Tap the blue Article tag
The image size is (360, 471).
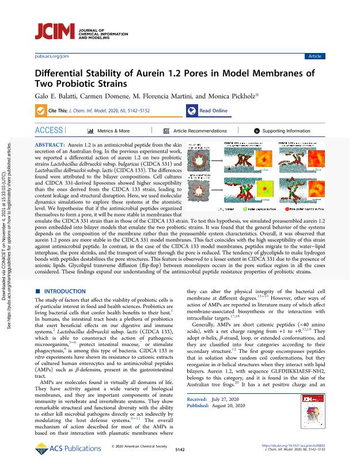tap(315, 56)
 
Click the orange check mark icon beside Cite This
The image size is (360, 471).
tap(41, 111)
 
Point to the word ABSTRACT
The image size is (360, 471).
tap(51, 142)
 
